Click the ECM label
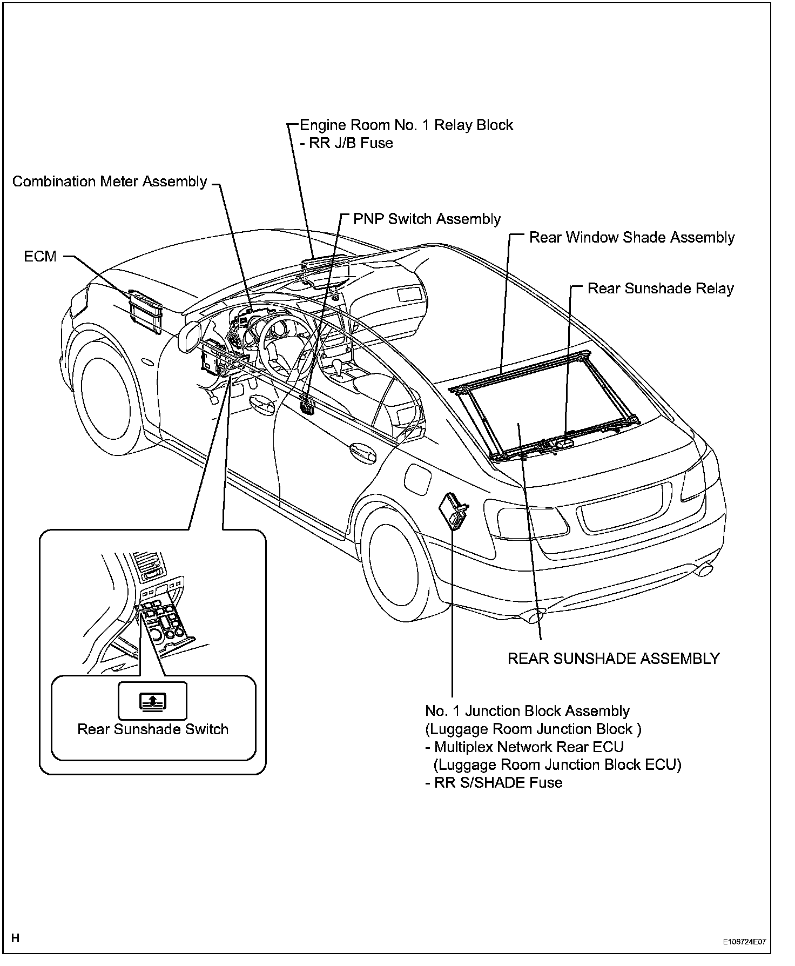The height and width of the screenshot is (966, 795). (40, 256)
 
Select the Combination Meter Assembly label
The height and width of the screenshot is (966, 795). (110, 182)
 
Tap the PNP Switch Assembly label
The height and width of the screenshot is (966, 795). (427, 219)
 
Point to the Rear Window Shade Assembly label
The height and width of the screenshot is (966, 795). (631, 238)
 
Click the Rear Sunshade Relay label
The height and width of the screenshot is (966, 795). (661, 289)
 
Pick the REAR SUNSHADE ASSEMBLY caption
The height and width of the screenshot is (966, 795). (614, 659)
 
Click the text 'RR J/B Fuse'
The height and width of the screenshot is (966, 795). (351, 143)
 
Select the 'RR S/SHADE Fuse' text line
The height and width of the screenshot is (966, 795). (498, 783)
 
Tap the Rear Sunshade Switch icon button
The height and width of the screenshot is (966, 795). (153, 701)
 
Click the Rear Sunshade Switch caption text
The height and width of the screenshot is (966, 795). (153, 729)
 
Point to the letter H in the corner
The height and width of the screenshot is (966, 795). (15, 938)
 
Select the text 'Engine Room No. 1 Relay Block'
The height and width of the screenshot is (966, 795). (406, 125)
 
